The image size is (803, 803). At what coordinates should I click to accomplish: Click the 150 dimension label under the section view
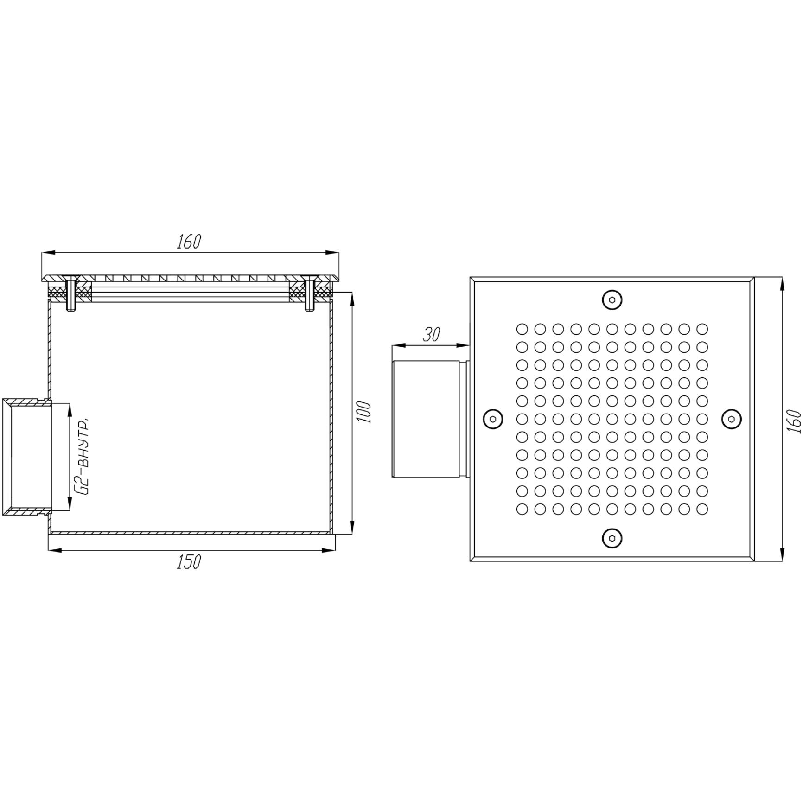(x=189, y=562)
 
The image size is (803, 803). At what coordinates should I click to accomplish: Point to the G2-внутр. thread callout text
(x=84, y=456)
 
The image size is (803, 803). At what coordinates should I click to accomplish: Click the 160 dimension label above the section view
(x=189, y=242)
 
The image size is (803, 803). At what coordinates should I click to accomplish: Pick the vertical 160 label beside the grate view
(x=794, y=421)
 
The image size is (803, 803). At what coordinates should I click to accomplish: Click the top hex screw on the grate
(x=612, y=300)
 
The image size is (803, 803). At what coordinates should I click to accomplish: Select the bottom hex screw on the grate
(x=612, y=538)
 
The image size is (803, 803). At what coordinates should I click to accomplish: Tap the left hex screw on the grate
(x=493, y=419)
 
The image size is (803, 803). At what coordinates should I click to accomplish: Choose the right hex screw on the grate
(x=732, y=419)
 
